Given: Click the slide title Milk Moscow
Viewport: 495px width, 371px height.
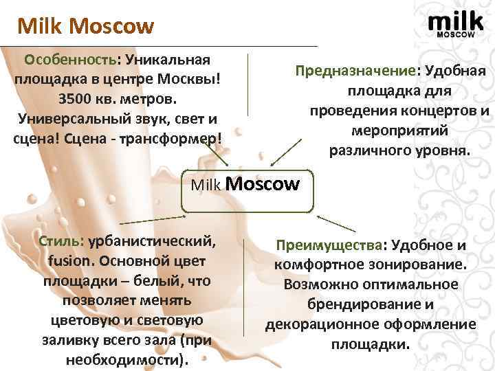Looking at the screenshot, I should (x=86, y=27).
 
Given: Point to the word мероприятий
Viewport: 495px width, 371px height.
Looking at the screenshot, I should (x=390, y=130).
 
